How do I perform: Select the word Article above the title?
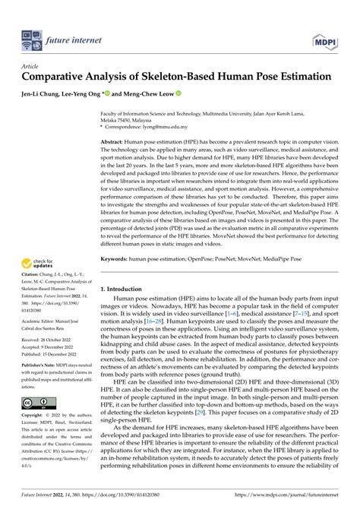[30, 66]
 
